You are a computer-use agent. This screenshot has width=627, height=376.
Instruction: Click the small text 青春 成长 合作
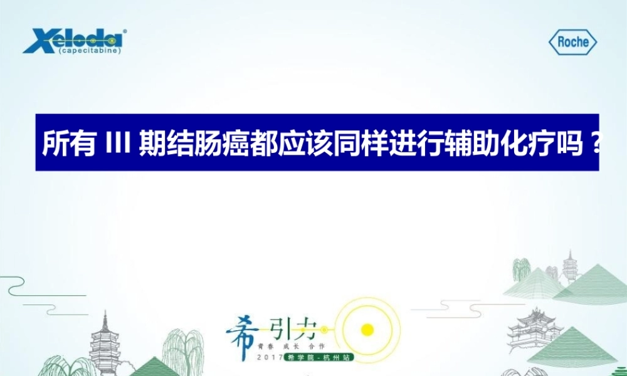tap(295, 345)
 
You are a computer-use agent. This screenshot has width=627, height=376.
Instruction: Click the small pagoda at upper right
tap(569, 267)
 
